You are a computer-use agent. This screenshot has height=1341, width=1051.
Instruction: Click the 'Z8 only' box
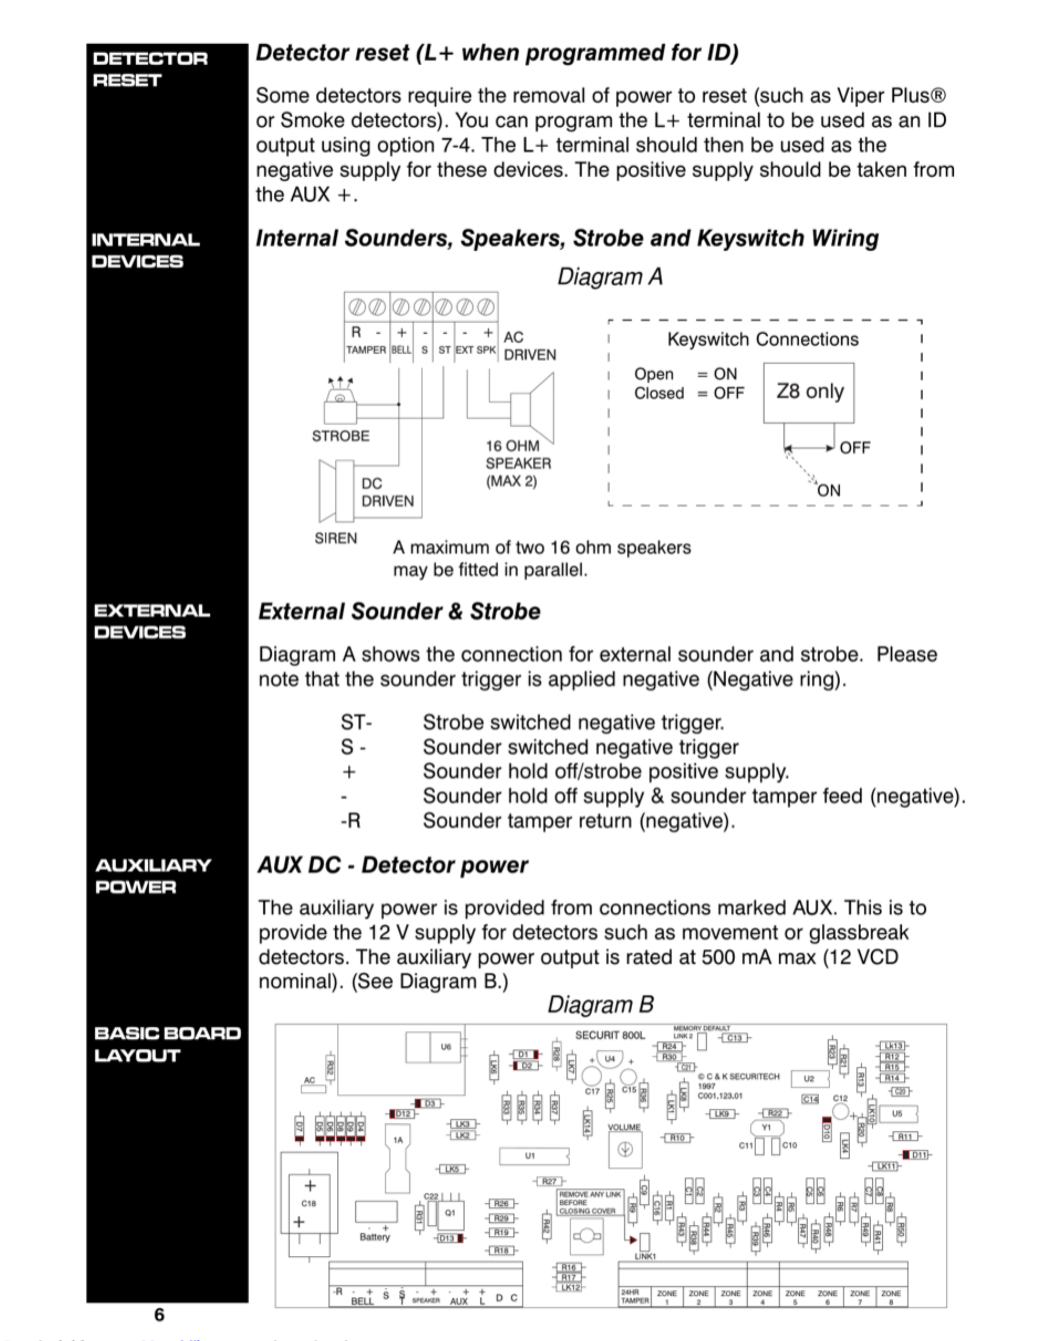coord(809,392)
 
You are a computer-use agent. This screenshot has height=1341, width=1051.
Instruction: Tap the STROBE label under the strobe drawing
coord(340,436)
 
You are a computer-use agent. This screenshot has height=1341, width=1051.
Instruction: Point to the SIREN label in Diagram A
coord(335,538)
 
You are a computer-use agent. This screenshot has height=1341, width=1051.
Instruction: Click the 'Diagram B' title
coord(600,1004)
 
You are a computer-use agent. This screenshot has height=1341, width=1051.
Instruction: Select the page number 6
coord(159,1314)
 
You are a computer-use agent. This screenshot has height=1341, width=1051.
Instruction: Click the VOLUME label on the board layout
coord(624,1127)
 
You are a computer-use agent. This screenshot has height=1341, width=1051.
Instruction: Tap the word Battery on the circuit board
coord(374,1236)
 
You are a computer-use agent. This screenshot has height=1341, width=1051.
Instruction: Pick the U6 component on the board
coord(445,1047)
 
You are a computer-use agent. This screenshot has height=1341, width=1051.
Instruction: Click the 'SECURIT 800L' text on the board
coord(610,1035)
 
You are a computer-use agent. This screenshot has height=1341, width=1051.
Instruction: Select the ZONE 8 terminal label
coord(891,1297)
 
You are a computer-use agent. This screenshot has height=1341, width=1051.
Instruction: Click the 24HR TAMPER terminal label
coord(634,1297)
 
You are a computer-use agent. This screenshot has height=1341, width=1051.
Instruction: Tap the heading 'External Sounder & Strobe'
coord(399,612)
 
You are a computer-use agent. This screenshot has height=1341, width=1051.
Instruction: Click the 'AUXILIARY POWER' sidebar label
coord(153,876)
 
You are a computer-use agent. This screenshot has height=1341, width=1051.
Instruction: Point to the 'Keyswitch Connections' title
coord(762,339)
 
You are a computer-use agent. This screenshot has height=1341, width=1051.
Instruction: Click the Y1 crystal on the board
coord(766,1127)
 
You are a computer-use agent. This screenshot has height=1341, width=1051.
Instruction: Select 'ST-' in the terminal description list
coord(356,722)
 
